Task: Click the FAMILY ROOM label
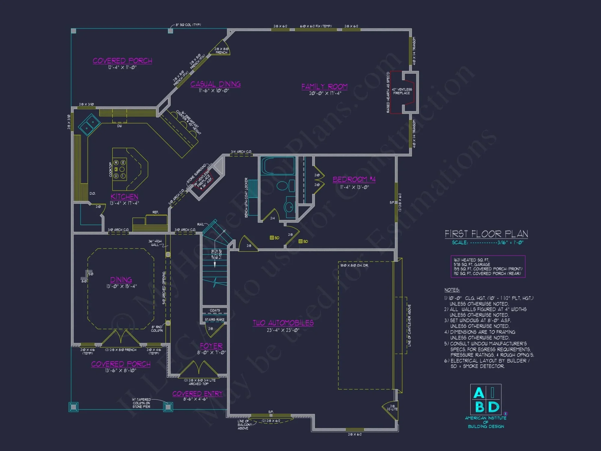324,87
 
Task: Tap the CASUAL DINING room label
215,84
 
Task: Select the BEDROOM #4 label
354,179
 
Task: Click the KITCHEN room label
124,197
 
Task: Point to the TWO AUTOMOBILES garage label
283,323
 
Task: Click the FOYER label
211,346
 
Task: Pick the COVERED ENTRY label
197,394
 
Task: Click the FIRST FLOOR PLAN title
486,234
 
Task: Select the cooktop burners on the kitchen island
120,169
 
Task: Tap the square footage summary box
488,266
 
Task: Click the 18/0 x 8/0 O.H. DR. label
354,265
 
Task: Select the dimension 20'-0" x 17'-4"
325,94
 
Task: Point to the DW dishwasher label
119,126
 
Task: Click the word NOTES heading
452,290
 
